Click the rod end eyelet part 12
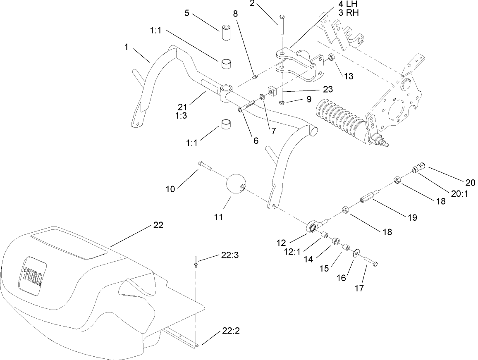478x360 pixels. (x=313, y=226)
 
